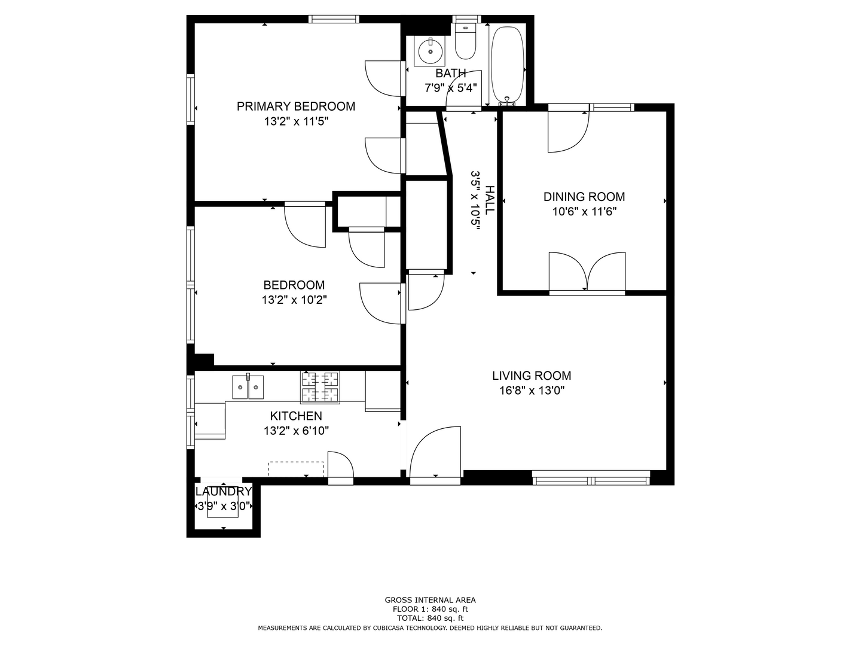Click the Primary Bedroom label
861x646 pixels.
coord(296,106)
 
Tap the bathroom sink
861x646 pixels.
coord(430,51)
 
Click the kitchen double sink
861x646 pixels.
coord(248,387)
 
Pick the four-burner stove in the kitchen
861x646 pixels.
coord(320,387)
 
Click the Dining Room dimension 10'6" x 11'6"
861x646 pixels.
coord(584,212)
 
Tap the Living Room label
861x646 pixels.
coord(532,376)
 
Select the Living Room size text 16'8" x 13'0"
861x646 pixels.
coord(532,391)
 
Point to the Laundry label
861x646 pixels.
coord(224,492)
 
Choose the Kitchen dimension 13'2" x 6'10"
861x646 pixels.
coord(296,431)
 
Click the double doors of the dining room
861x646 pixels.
coord(587,273)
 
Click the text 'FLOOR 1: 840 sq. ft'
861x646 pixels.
coord(430,609)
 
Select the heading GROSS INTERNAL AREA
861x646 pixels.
coord(430,600)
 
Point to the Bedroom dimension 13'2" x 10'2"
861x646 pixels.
coord(294,300)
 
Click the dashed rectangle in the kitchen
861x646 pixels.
coord(296,469)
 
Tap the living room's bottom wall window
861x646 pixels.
coord(591,478)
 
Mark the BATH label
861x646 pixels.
coord(451,74)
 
